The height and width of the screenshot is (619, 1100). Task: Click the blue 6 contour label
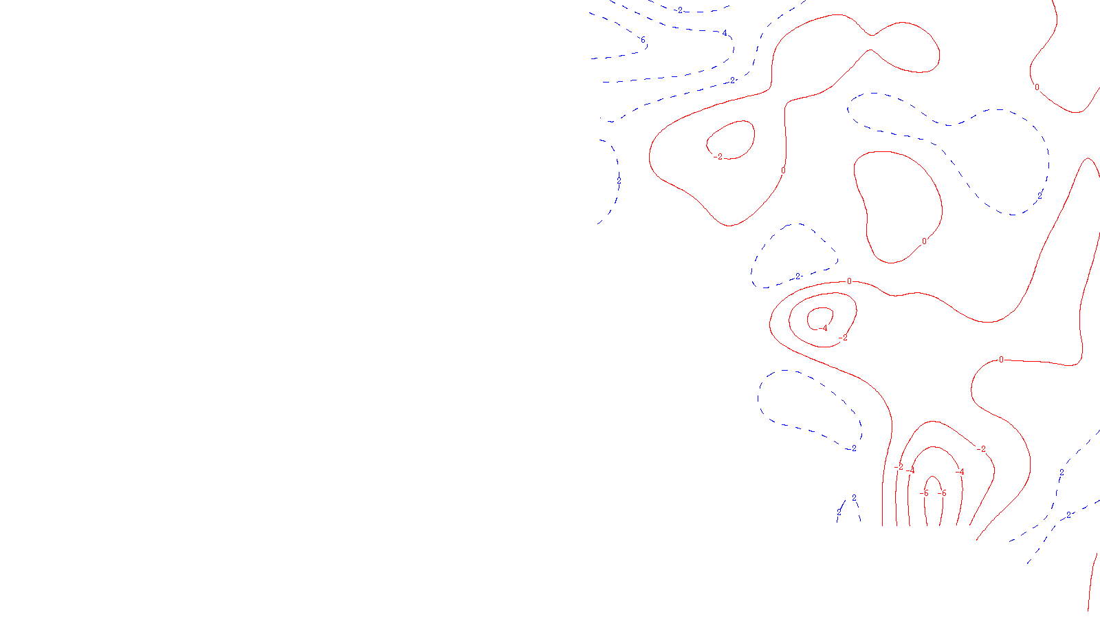pos(643,41)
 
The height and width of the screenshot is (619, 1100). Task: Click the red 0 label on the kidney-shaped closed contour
pos(924,241)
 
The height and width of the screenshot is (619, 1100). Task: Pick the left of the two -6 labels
pos(924,493)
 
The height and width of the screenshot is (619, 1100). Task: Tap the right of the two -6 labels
pos(943,493)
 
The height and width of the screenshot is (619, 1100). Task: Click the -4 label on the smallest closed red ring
pos(824,328)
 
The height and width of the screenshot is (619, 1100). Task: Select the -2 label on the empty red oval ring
pos(718,157)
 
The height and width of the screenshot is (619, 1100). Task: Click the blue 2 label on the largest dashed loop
pos(1039,196)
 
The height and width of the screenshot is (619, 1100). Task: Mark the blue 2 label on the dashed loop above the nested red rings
pos(797,277)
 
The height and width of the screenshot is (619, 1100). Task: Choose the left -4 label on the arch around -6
pos(910,471)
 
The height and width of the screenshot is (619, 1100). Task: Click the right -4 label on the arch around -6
pos(960,472)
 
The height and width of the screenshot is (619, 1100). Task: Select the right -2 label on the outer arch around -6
pos(982,449)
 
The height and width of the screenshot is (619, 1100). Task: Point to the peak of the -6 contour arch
pos(933,476)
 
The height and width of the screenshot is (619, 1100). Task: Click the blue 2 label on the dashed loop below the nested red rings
pos(854,448)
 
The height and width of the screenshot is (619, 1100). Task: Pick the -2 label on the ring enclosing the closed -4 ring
pos(844,338)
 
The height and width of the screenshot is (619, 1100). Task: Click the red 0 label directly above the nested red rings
pos(849,281)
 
